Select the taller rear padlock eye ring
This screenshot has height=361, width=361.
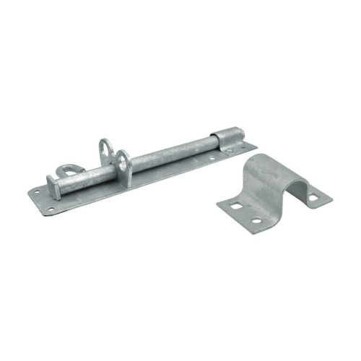pos(105,149)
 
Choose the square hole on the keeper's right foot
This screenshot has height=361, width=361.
pos(314,195)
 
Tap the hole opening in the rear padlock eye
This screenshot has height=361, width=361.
pos(105,147)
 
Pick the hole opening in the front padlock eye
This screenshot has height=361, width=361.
pos(123,161)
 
